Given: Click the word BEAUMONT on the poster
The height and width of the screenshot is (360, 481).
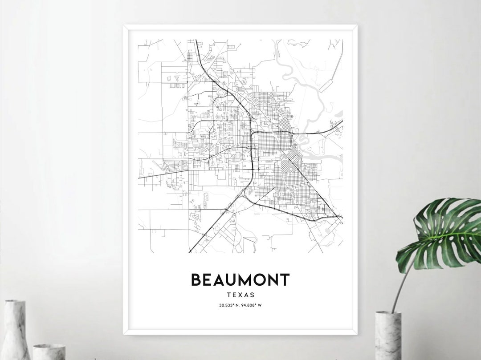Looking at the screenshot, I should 240,280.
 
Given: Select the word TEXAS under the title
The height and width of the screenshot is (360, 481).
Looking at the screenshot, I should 240,295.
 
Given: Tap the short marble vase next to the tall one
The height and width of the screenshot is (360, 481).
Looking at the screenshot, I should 49,352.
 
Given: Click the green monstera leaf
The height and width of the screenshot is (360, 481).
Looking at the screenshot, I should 441,234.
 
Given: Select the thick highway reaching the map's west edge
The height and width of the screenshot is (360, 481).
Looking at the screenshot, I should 140,178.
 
